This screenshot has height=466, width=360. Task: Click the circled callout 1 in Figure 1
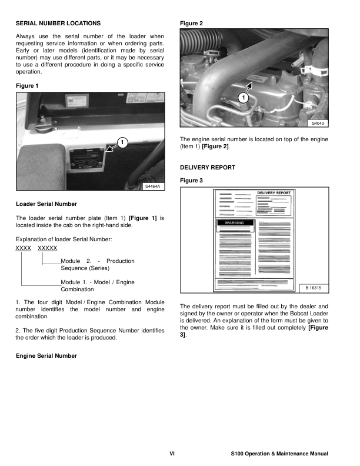(120, 142)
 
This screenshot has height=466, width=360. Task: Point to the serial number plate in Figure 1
(88, 159)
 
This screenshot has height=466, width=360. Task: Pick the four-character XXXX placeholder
(23, 249)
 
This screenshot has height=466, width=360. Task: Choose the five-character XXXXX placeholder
(47, 249)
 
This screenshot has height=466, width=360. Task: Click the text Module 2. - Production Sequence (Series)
(97, 265)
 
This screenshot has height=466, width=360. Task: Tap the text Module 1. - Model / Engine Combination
(97, 286)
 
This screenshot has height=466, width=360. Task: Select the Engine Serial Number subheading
(46, 356)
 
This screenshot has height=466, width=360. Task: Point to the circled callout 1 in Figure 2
(243, 97)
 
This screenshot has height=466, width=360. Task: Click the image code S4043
(318, 124)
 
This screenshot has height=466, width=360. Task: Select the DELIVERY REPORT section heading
(207, 168)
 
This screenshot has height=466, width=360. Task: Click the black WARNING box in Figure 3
(235, 224)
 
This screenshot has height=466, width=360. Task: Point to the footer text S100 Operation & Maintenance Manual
(279, 454)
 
